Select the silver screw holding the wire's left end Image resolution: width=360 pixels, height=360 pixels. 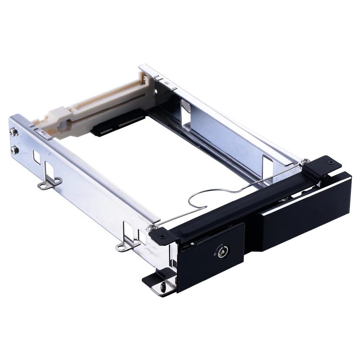pos(153,227)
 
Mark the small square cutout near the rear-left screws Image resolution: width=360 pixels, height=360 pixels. pos(36,156)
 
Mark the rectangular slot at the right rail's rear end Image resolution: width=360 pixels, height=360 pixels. pos(186,107)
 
